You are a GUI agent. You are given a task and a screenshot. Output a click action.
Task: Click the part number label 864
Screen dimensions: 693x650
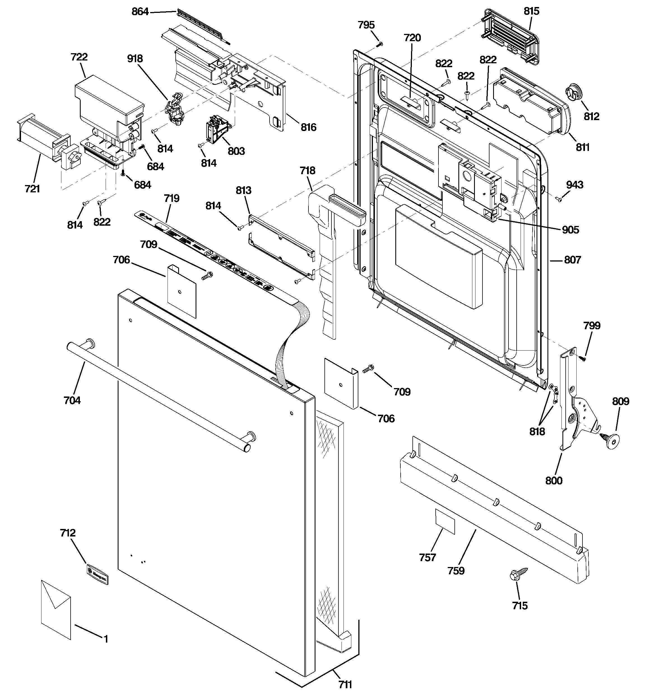140,12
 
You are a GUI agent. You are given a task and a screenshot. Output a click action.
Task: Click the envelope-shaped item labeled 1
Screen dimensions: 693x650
56,609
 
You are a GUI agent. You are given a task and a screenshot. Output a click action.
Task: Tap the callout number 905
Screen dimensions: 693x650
570,230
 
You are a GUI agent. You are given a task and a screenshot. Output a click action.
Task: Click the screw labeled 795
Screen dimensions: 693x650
380,44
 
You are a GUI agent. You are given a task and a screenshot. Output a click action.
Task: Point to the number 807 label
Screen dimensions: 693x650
573,260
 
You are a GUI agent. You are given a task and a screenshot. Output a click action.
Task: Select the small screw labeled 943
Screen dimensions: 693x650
558,199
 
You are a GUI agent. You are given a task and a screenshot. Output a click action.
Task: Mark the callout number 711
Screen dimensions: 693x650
345,685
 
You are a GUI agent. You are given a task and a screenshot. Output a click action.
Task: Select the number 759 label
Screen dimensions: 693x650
456,571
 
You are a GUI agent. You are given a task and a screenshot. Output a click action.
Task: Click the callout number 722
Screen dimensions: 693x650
79,57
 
